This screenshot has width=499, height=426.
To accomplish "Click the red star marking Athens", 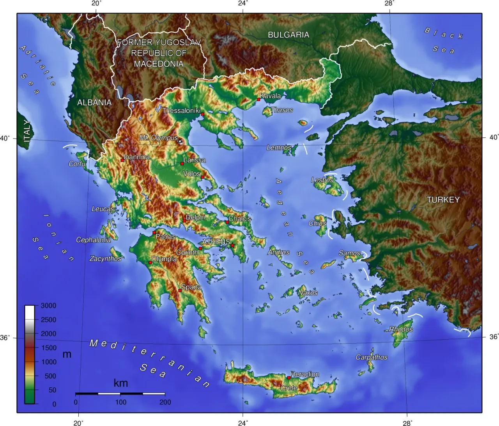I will pyautogui.click(x=232, y=245).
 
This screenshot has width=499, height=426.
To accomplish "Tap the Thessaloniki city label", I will pyautogui.click(x=181, y=111).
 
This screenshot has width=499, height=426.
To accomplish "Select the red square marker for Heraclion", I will pyautogui.click(x=289, y=378).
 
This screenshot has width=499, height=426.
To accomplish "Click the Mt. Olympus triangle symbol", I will pyautogui.click(x=180, y=141).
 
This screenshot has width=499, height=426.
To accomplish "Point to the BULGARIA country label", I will pyautogui.click(x=288, y=35).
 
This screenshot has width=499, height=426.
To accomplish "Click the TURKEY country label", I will pyautogui.click(x=443, y=200).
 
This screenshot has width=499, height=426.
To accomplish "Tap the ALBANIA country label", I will pyautogui.click(x=94, y=102).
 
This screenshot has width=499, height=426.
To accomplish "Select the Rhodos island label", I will pyautogui.click(x=401, y=329).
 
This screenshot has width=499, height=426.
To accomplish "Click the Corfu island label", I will pyautogui.click(x=77, y=164).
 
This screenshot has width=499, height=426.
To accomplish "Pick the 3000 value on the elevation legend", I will pyautogui.click(x=48, y=305).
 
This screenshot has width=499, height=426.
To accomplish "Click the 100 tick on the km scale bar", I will pyautogui.click(x=120, y=402).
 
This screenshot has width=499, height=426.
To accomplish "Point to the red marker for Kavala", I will pyautogui.click(x=258, y=100).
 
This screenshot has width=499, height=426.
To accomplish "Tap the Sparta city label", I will pyautogui.click(x=191, y=287).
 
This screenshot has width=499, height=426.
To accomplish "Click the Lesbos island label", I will pyautogui.click(x=322, y=180).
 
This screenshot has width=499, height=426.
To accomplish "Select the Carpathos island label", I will pyautogui.click(x=372, y=357).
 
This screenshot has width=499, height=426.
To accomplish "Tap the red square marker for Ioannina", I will pyautogui.click(x=122, y=160).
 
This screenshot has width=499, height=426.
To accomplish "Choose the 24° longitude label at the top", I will pyautogui.click(x=243, y=4).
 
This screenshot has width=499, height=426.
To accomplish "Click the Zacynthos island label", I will pyautogui.click(x=105, y=258).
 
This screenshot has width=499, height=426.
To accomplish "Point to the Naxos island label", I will pyautogui.click(x=308, y=292).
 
